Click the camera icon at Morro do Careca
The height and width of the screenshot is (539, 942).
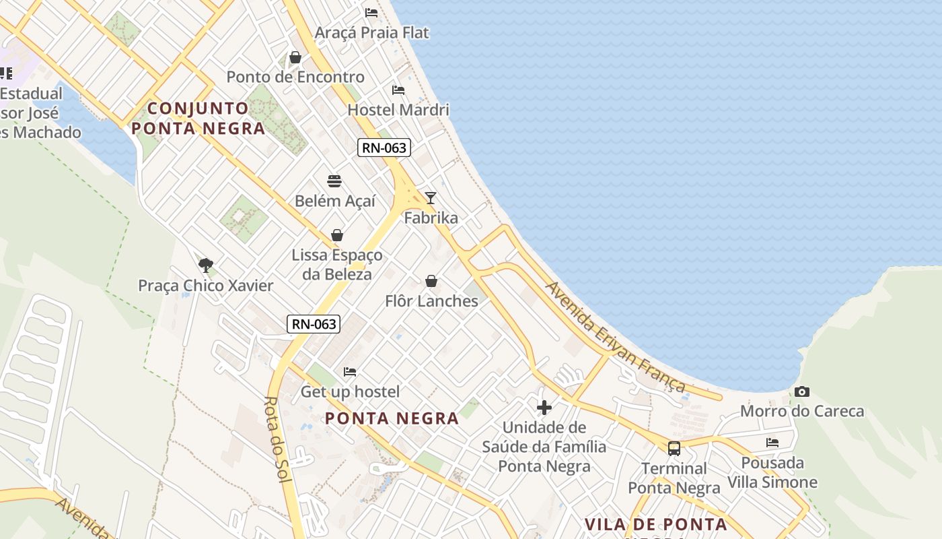point(801,391)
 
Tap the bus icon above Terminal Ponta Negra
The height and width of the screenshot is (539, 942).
point(674,448)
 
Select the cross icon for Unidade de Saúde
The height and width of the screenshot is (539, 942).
point(544,408)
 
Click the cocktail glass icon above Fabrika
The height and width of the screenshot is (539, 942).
point(431,197)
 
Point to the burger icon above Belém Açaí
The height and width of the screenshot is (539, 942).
point(334,181)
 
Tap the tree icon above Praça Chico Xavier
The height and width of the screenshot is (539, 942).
point(206,265)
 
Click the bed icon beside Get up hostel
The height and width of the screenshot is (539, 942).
point(349,371)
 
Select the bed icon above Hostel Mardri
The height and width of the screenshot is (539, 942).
point(398,90)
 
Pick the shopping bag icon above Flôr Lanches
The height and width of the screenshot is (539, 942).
point(431,281)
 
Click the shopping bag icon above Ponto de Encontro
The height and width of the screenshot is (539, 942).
point(295,57)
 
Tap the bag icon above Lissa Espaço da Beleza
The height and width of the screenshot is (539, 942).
point(337,235)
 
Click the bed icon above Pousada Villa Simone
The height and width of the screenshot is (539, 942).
point(772,443)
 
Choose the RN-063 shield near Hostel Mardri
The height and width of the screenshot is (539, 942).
point(384,148)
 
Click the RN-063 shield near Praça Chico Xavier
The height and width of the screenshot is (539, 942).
point(314,324)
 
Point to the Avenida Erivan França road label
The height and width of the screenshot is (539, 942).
point(615,336)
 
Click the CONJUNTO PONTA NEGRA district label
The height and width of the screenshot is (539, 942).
point(198,118)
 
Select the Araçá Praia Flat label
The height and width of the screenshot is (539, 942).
point(372,32)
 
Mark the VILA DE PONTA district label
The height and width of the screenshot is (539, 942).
point(655,524)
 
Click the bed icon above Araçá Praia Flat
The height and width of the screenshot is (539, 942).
point(371,12)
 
